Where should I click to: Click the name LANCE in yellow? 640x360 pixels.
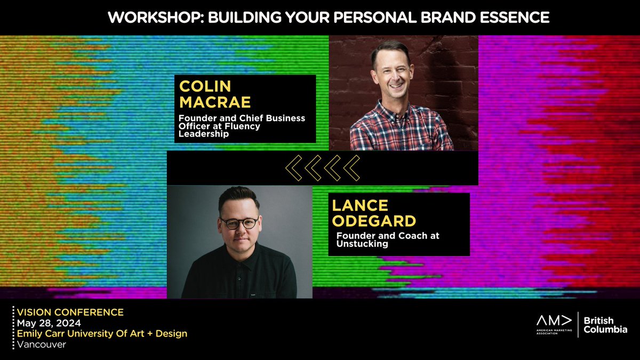353,205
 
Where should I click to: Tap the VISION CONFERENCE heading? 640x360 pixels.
70,312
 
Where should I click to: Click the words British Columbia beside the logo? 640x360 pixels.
605,325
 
